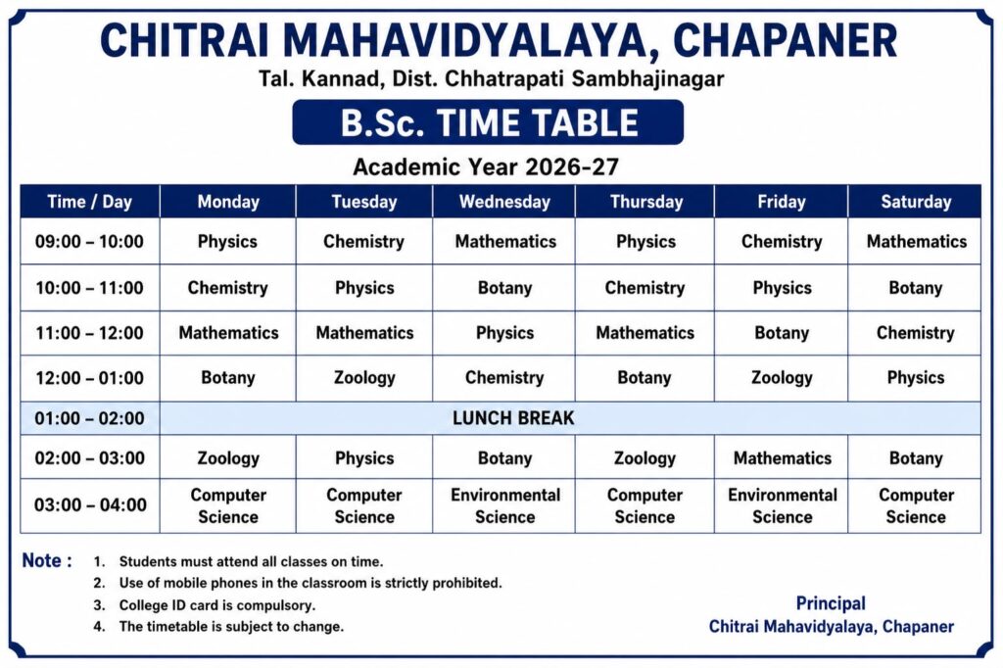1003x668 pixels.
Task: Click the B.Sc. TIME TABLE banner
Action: (x=488, y=122)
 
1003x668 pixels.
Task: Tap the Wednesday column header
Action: (x=504, y=202)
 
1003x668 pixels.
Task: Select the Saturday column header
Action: (x=916, y=202)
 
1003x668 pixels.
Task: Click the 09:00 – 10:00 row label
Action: (x=89, y=242)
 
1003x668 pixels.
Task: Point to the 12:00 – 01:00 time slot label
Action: (x=89, y=378)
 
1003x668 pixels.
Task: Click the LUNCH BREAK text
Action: (x=513, y=418)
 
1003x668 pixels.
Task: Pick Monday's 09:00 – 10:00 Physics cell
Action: (x=227, y=242)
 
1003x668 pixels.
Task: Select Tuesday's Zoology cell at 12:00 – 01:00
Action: (x=364, y=378)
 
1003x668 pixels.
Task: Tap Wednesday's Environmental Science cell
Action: (x=505, y=505)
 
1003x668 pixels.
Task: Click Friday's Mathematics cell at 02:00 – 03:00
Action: (x=783, y=458)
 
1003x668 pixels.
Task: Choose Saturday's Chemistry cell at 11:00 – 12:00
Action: (x=916, y=333)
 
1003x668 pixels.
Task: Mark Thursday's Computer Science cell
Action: (x=645, y=505)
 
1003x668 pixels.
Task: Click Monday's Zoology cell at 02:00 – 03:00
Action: (x=228, y=458)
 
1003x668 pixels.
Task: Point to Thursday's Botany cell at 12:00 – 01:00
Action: (x=645, y=378)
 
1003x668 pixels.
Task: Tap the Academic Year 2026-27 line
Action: (x=486, y=167)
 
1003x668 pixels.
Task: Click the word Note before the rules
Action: (x=42, y=560)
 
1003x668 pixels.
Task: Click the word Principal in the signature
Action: (x=831, y=603)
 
